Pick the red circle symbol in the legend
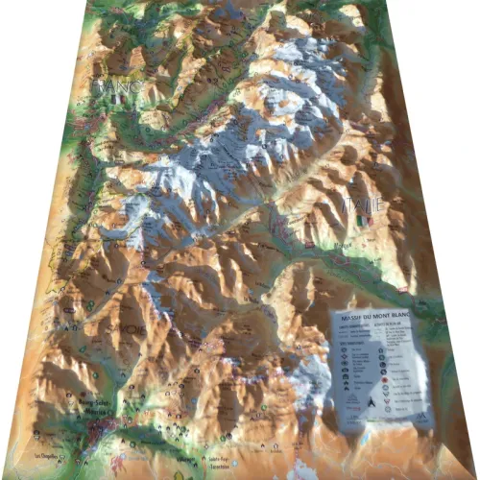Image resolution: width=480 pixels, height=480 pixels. (x=383, y=379)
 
